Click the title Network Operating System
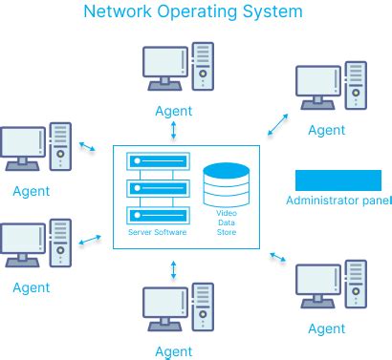[193, 12]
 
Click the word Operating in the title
[190, 12]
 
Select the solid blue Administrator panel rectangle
[338, 180]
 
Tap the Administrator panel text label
[338, 201]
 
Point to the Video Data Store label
[226, 222]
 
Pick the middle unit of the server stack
[157, 190]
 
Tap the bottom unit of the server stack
[157, 213]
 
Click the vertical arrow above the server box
[173, 131]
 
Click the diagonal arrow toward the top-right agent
[278, 122]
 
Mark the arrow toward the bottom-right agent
[279, 257]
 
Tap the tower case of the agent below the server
[204, 307]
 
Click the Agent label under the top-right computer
[327, 130]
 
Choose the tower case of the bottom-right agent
[356, 285]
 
